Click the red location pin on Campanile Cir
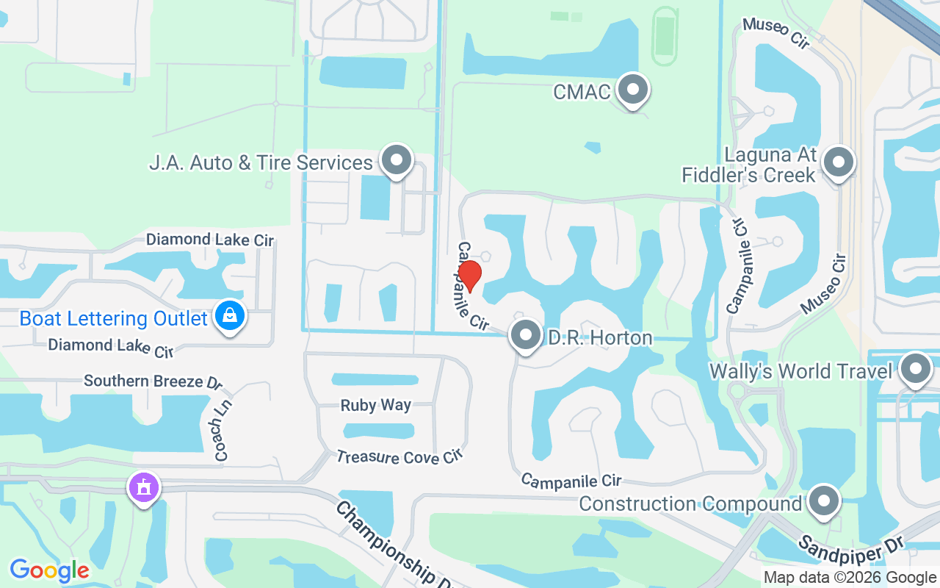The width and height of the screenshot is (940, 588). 470,275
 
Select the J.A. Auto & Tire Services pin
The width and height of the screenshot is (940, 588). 397,159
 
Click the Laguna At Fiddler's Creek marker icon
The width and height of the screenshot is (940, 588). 839,162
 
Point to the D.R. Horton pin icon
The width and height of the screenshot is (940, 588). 526,335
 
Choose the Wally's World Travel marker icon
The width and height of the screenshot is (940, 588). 916,369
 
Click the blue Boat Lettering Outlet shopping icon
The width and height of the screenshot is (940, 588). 230,316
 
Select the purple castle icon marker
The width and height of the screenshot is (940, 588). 144,487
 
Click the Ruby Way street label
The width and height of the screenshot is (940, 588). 376,405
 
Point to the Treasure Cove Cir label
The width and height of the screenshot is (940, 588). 400,457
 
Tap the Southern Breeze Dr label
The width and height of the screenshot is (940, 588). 153,381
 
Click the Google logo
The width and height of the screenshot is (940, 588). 49,570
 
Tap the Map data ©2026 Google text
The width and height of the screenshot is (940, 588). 850,578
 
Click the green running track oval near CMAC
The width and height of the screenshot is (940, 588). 665,35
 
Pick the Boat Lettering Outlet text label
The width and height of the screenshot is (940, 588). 114,319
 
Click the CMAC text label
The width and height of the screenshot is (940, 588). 582,92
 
